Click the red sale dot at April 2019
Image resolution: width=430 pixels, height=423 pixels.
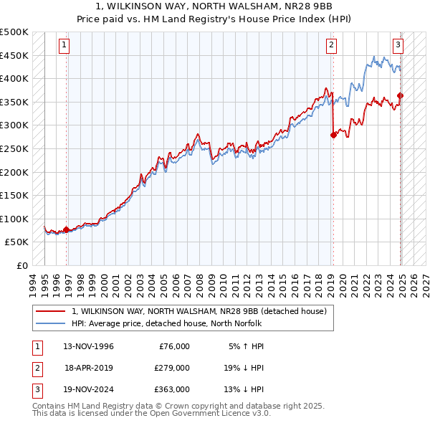point(333,135)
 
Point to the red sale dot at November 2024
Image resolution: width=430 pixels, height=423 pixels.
point(400,95)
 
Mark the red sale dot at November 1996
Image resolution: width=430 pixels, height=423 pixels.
point(67,229)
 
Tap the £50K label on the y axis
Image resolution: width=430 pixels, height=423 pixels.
point(17,242)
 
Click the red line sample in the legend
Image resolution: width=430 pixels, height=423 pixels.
point(50,311)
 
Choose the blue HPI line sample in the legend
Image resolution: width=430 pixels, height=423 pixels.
point(50,323)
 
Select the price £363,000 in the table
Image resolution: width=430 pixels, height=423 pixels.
point(172,389)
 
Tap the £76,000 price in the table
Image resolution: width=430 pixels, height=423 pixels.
point(174,346)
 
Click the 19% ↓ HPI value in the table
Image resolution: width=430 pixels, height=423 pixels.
point(243,368)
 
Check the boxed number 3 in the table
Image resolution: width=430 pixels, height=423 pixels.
point(37,389)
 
